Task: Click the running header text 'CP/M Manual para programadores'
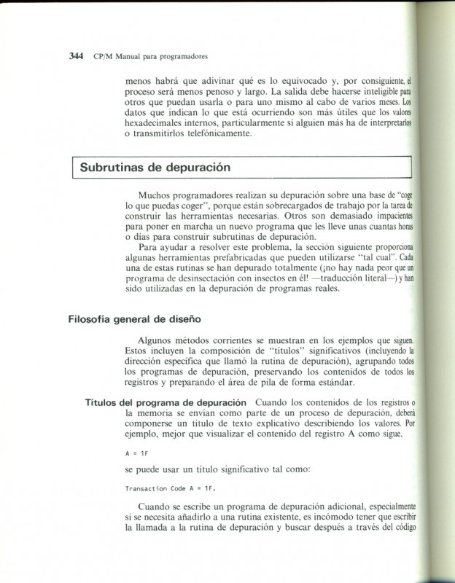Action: pyautogui.click(x=151, y=55)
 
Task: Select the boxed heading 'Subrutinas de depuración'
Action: pyautogui.click(x=155, y=167)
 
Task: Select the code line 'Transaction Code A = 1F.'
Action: pyautogui.click(x=171, y=488)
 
